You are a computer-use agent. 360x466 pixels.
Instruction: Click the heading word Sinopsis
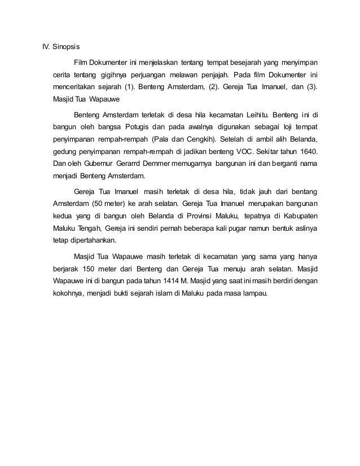coord(68,46)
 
